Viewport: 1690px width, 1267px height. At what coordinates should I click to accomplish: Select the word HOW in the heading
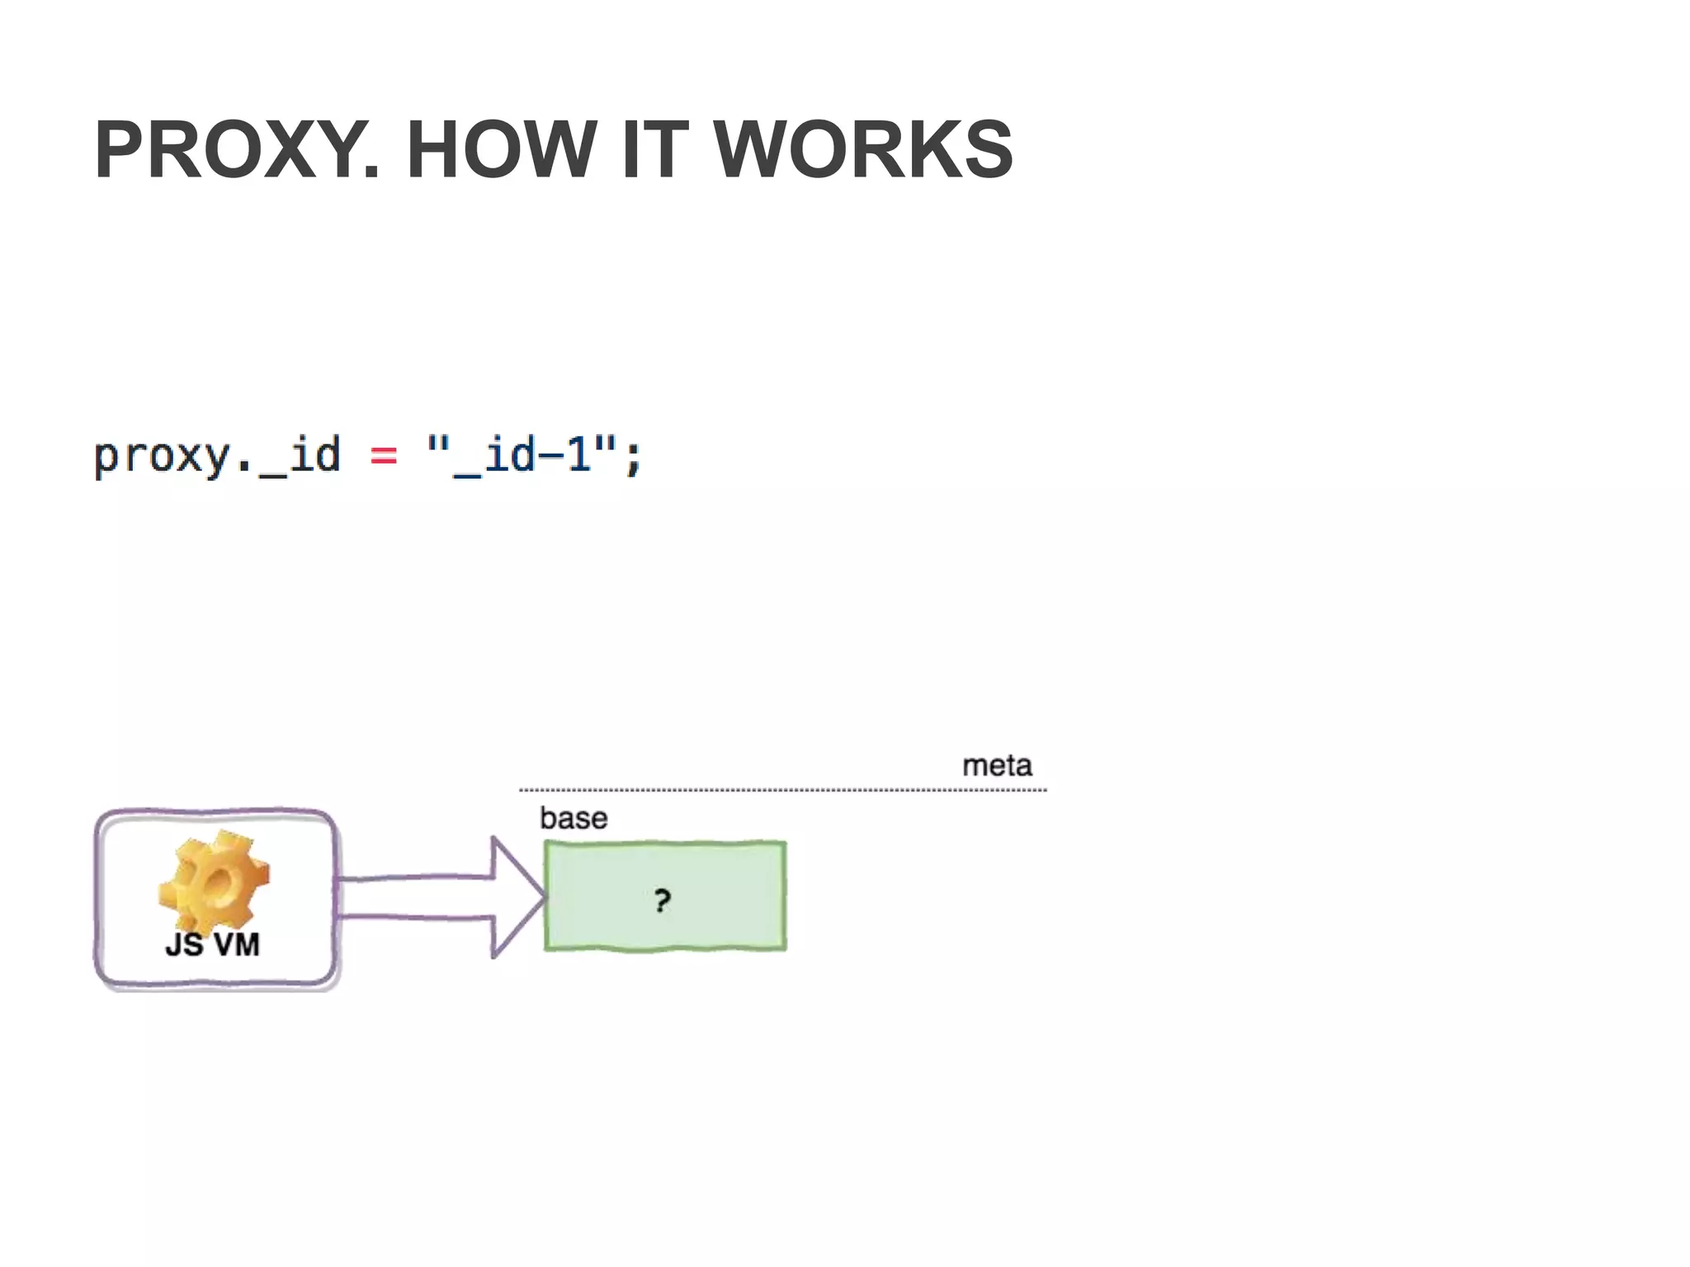(501, 150)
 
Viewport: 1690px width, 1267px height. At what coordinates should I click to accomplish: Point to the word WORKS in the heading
(863, 150)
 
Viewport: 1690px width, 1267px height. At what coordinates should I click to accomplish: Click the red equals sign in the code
(384, 455)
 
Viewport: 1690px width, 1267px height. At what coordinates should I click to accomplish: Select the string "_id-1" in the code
(522, 455)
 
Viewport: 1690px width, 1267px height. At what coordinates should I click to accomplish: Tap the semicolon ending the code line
(633, 459)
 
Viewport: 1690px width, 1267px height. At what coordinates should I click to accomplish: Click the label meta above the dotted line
(997, 765)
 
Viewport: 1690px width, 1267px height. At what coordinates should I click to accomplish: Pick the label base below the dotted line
(574, 818)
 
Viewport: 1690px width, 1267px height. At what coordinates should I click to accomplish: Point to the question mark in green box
(662, 900)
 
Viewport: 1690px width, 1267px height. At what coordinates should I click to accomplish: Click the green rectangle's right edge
(785, 896)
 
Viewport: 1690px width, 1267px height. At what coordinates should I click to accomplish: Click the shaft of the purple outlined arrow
(413, 897)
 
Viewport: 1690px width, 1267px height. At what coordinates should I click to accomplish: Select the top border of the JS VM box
(215, 812)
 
